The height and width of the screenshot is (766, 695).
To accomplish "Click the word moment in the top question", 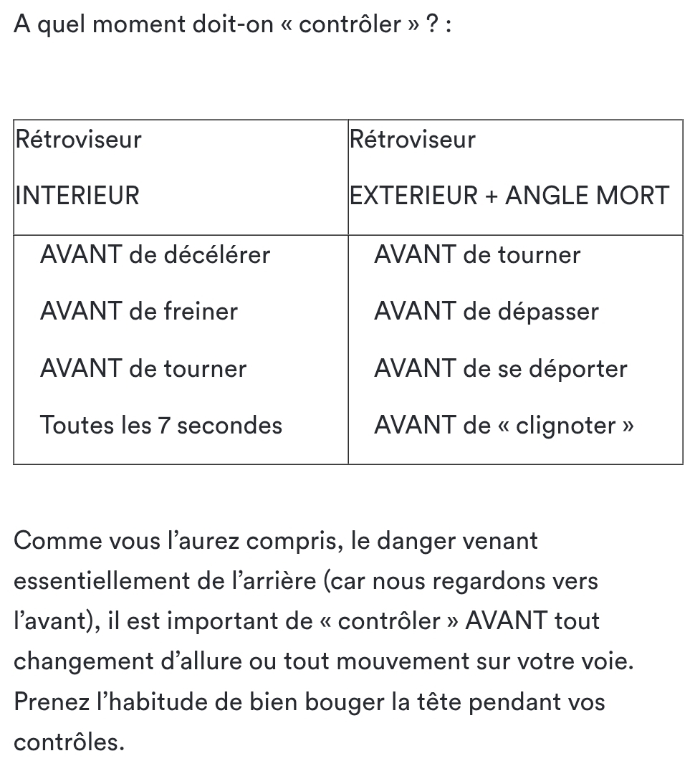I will (138, 24).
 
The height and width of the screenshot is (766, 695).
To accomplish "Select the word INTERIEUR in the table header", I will (77, 196).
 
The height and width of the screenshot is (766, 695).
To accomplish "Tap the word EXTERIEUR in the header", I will (414, 196).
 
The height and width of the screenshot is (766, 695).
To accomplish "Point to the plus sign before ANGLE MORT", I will (492, 196).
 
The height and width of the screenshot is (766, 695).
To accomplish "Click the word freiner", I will (201, 311).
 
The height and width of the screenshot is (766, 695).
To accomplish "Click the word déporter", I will (577, 368).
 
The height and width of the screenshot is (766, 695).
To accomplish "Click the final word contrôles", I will (69, 742).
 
